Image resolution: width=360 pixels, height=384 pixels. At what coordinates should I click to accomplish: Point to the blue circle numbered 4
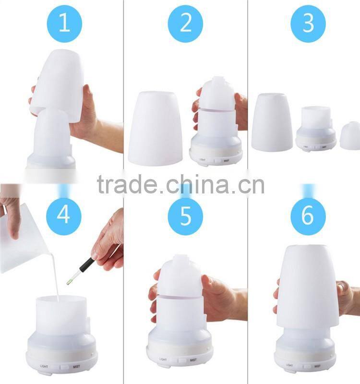[x=63, y=215]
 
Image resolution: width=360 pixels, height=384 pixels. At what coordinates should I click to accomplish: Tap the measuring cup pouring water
[x=24, y=240]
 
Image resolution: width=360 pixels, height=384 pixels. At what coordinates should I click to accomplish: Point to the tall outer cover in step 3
[x=272, y=122]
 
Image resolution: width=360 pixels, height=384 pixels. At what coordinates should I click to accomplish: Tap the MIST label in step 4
[x=75, y=367]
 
